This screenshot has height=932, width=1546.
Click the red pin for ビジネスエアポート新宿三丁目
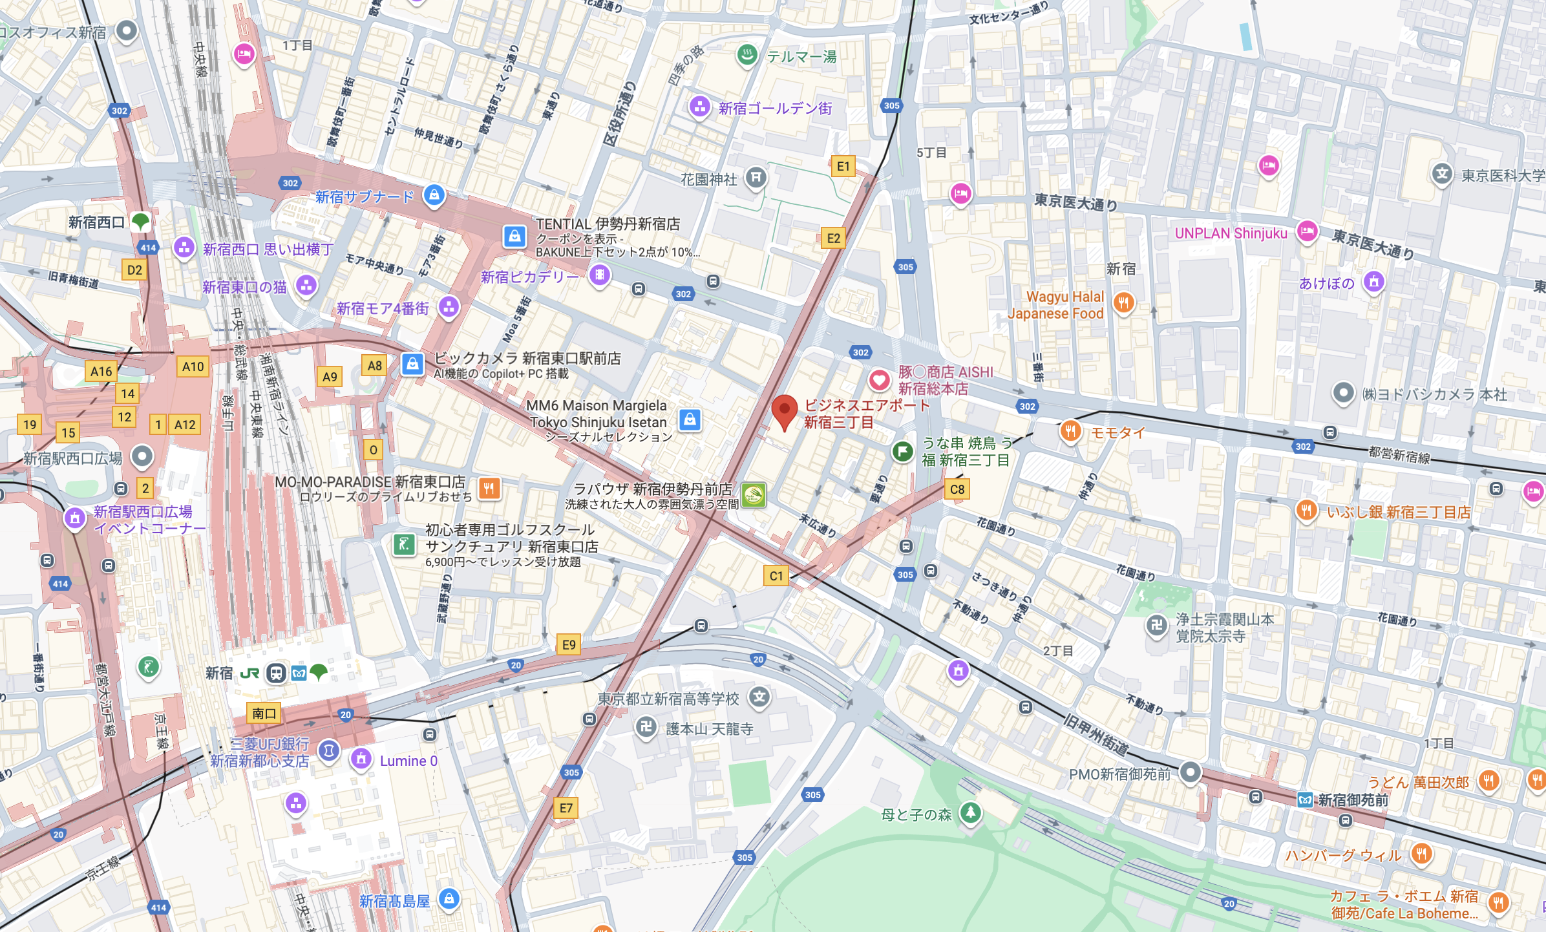[x=784, y=410]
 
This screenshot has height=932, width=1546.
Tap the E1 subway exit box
[x=843, y=166]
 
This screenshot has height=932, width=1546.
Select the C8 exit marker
[x=957, y=489]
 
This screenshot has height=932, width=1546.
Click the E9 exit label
[x=569, y=644]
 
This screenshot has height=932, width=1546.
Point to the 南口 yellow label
[x=264, y=714]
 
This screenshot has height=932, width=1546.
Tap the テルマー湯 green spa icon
[x=747, y=56]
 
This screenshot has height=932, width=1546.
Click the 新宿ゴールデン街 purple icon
[x=700, y=107]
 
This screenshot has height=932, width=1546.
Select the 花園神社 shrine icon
[x=756, y=178]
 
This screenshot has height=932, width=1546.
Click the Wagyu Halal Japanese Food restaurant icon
[x=1124, y=302]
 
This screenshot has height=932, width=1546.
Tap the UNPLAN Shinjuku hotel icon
[x=1307, y=231]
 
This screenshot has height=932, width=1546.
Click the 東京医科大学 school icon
[x=1442, y=174]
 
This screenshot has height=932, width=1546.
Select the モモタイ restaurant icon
[x=1070, y=431]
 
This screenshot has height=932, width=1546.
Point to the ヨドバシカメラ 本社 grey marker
[x=1343, y=392]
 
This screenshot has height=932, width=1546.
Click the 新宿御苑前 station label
[x=1353, y=800]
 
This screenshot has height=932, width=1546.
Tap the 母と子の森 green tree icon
[x=970, y=812]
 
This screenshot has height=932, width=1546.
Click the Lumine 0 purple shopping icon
[x=361, y=759]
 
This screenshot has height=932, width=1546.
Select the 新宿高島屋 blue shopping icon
[x=449, y=898]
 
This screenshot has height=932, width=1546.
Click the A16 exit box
[x=101, y=371]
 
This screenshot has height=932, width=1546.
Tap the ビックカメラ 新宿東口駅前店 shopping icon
[x=412, y=364]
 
